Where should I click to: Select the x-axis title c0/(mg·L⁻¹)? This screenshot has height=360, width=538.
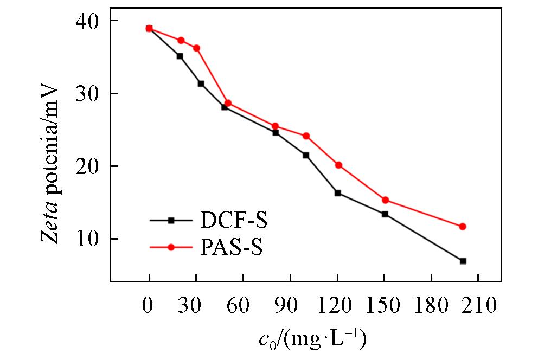coord(313,340)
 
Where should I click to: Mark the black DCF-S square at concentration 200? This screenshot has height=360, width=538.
coord(463,261)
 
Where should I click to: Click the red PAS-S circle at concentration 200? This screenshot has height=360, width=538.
coord(463,227)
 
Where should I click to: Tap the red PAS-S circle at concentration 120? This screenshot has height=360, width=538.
coord(338,165)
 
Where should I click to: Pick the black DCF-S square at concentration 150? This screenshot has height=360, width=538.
coord(385,214)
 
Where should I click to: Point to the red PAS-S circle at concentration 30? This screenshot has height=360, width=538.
coord(196,48)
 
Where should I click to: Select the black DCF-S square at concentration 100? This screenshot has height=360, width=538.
coord(306,155)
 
